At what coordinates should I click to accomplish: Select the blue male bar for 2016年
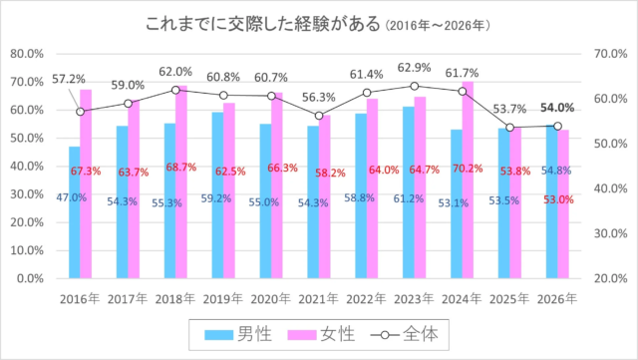(75, 214)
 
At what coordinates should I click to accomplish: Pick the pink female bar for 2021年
(324, 199)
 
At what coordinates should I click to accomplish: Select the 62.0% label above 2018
(175, 72)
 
